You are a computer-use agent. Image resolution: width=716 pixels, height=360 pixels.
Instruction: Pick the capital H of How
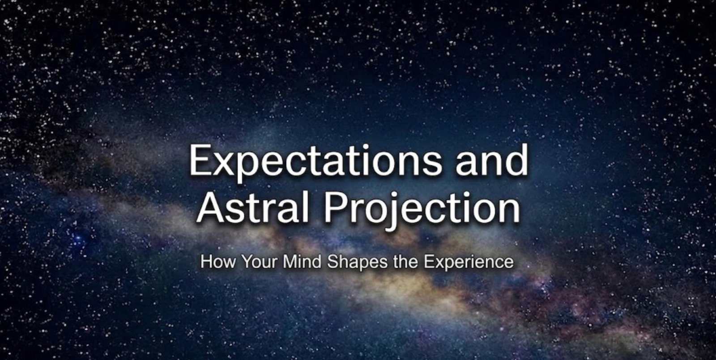pos(207,262)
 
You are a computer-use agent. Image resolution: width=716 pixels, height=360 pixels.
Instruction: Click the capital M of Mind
pos(290,262)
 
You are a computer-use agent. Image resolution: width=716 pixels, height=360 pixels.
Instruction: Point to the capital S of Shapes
pos(332,262)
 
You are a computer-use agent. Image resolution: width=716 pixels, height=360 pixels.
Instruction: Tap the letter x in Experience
pos(437,263)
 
